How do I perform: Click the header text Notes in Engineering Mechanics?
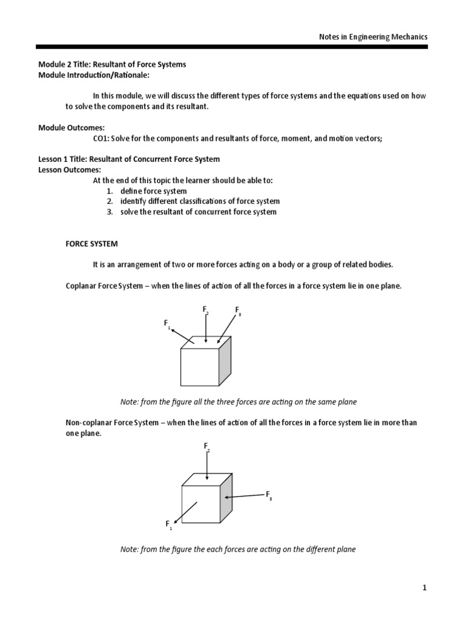click(x=373, y=36)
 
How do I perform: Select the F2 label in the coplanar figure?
click(x=206, y=310)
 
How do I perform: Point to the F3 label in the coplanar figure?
click(x=239, y=310)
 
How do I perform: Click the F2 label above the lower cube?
click(x=206, y=447)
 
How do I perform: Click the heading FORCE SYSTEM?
click(x=91, y=244)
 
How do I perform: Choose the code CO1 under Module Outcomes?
click(x=101, y=138)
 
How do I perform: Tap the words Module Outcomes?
click(x=71, y=128)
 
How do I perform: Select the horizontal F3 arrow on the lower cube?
click(x=245, y=496)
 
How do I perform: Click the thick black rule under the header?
click(x=232, y=47)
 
